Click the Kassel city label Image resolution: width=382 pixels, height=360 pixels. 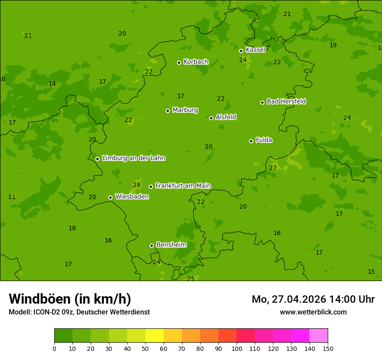click(255, 50)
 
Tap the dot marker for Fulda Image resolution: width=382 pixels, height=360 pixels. click(251, 141)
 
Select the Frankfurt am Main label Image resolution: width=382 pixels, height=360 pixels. click(183, 186)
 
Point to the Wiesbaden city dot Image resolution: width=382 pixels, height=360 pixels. click(110, 197)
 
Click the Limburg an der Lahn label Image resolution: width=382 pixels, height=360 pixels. click(133, 158)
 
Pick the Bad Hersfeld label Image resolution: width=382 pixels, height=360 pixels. click(286, 101)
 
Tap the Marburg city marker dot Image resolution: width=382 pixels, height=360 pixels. click(168, 111)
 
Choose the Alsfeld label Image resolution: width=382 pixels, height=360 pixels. click(226, 117)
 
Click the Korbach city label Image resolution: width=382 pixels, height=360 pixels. click(196, 62)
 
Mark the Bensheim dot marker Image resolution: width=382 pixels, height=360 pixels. click(151, 245)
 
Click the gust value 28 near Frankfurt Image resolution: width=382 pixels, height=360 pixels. click(137, 185)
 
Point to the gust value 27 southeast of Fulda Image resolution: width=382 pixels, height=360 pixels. click(273, 168)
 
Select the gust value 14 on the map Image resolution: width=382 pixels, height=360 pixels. click(52, 84)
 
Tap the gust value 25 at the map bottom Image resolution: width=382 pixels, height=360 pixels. click(191, 279)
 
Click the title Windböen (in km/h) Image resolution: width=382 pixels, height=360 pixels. click(70, 299)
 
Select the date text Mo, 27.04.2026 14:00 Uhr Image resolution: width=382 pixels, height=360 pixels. click(313, 299)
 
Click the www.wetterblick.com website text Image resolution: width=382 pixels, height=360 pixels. click(313, 312)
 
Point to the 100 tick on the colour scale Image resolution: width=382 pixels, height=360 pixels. click(237, 348)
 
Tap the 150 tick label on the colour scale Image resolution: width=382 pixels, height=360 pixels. click(328, 348)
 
